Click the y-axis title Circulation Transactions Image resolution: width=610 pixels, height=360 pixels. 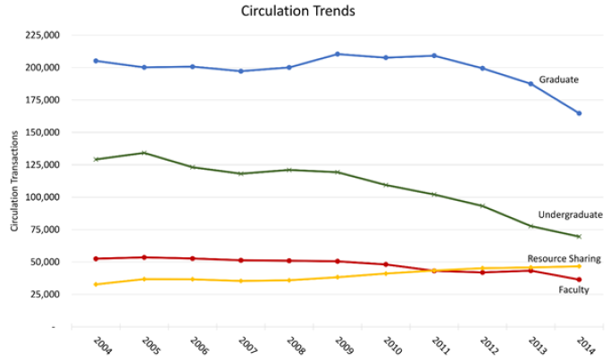[x=15, y=182]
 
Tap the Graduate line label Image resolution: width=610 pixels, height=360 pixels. [x=559, y=80]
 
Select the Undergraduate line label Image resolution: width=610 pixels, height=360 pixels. [x=570, y=214]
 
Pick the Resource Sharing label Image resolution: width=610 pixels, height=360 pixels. [x=564, y=258]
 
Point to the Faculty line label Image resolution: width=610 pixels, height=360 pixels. [x=572, y=290]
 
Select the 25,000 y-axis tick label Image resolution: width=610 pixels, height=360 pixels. [x=42, y=294]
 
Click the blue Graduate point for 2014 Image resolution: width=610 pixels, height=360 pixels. [x=579, y=113]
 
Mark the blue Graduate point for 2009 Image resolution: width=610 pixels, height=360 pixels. [x=338, y=54]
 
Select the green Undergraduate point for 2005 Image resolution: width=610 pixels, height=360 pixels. [x=144, y=153]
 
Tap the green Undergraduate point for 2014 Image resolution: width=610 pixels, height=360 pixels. [x=579, y=237]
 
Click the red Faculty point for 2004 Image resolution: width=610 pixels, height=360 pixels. [x=96, y=258]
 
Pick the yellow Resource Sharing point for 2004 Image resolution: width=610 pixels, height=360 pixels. [x=96, y=284]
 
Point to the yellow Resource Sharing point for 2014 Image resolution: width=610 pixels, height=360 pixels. [x=579, y=266]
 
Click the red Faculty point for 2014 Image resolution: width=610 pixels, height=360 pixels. [x=579, y=280]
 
